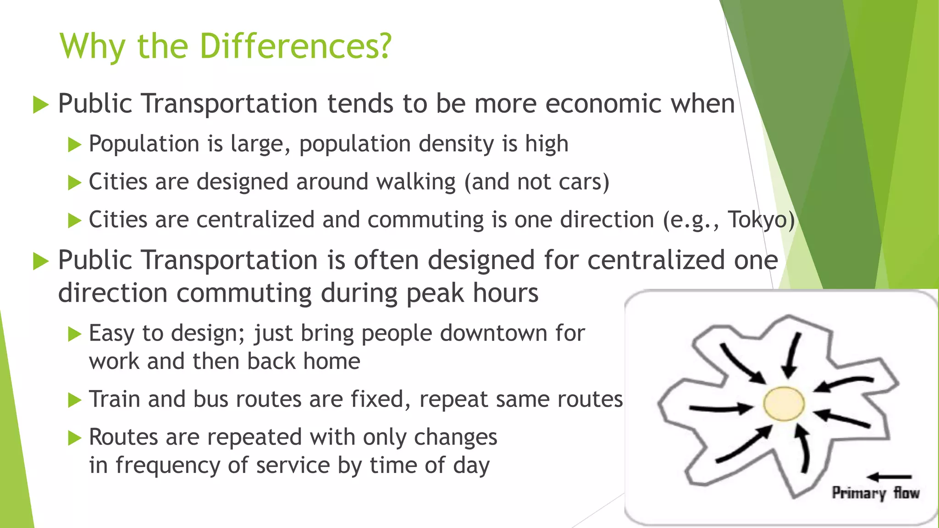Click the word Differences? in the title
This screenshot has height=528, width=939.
[x=296, y=46]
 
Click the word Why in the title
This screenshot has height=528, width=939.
[x=92, y=46]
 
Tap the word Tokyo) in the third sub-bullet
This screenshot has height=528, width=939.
[x=761, y=220]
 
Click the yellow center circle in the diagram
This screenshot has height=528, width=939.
[x=784, y=403]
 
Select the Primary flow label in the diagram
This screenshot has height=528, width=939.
[x=876, y=493]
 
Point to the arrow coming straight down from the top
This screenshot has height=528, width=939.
[x=792, y=355]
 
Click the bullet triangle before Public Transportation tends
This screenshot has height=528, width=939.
[x=41, y=105]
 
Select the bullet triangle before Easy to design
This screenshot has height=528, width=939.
[x=74, y=334]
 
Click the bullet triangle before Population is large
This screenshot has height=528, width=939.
[x=74, y=145]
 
